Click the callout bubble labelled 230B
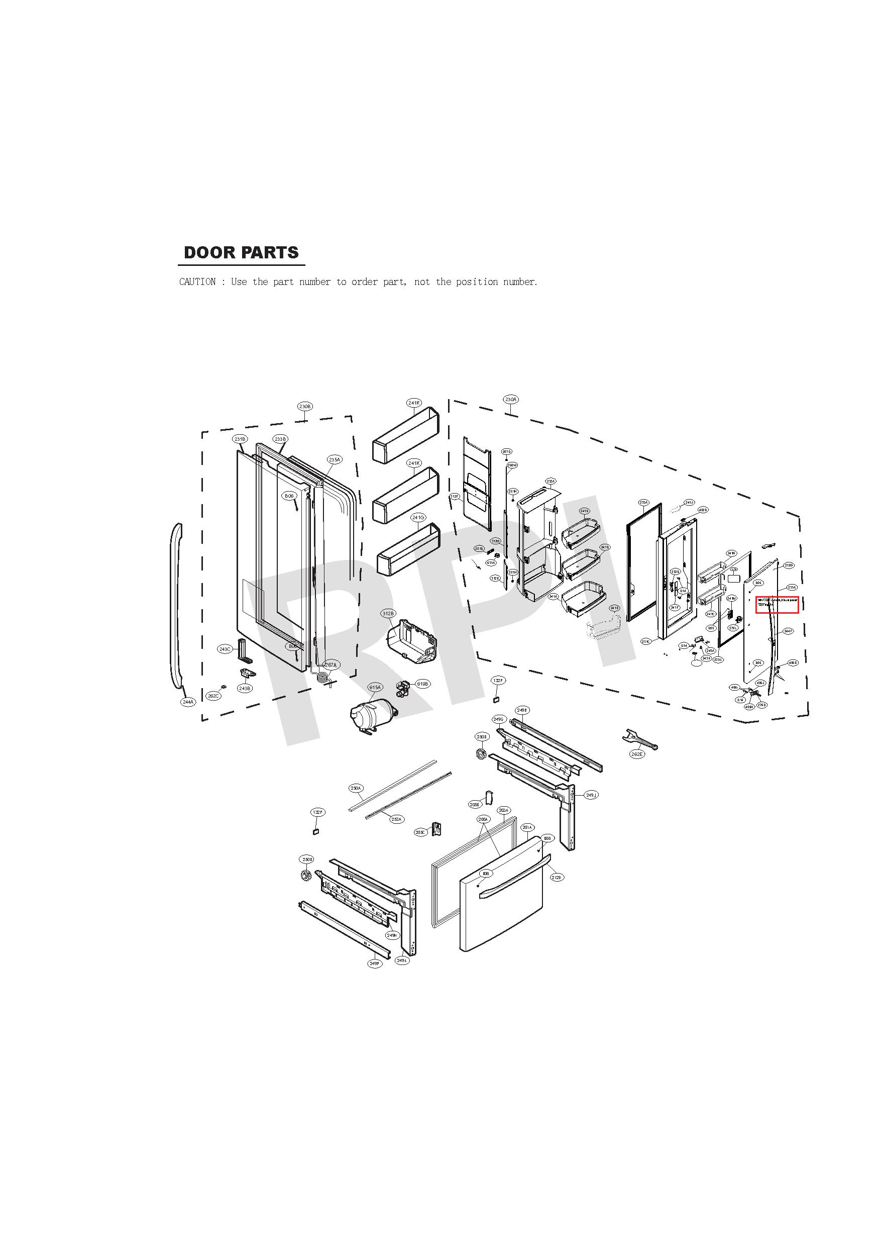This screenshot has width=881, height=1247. point(305,406)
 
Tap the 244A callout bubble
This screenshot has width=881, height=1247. point(188,702)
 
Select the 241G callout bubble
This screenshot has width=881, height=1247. point(418,518)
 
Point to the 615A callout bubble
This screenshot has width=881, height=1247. point(375,688)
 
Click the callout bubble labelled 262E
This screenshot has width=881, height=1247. point(637,754)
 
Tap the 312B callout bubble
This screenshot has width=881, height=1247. point(389,614)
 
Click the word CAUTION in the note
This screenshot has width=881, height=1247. point(197,282)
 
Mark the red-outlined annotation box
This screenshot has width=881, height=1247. point(777,605)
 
